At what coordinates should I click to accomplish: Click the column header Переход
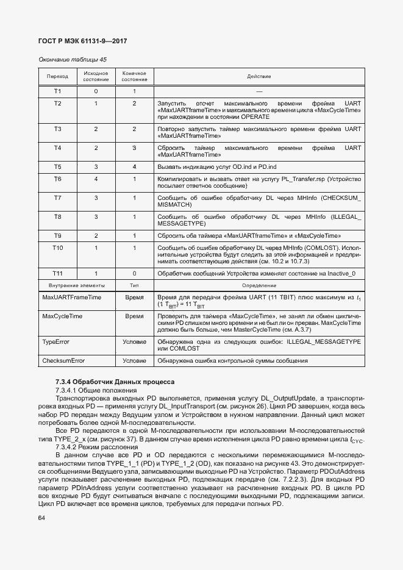click(x=57, y=76)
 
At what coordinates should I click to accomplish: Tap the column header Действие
click(x=259, y=76)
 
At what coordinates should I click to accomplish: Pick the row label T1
click(x=57, y=91)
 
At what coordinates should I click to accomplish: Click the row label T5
click(x=57, y=166)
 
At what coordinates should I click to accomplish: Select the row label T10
click(x=57, y=248)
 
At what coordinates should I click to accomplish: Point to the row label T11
click(x=57, y=274)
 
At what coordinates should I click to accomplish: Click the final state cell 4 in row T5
click(x=134, y=166)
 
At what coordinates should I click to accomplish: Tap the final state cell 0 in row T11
click(x=134, y=274)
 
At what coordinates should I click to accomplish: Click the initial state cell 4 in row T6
click(x=96, y=179)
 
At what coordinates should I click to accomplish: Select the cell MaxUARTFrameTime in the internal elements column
click(x=71, y=297)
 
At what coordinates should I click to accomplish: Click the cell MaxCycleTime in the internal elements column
click(x=62, y=317)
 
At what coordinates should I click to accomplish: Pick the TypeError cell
click(x=56, y=342)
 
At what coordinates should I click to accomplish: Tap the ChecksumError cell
click(x=63, y=361)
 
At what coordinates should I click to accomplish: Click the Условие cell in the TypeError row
click(x=134, y=342)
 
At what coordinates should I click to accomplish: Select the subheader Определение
click(x=259, y=285)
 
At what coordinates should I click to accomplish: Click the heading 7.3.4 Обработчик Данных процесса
click(x=115, y=382)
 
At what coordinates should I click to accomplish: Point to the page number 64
click(x=42, y=518)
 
